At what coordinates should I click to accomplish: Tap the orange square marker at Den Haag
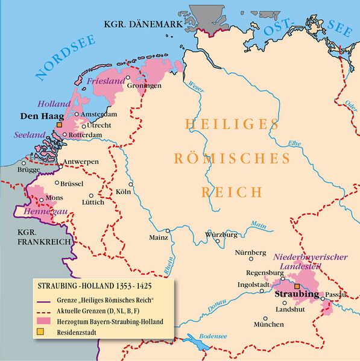coord(59,124)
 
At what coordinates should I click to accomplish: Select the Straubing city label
coord(296,294)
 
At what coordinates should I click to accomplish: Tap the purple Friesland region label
coord(106,81)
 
